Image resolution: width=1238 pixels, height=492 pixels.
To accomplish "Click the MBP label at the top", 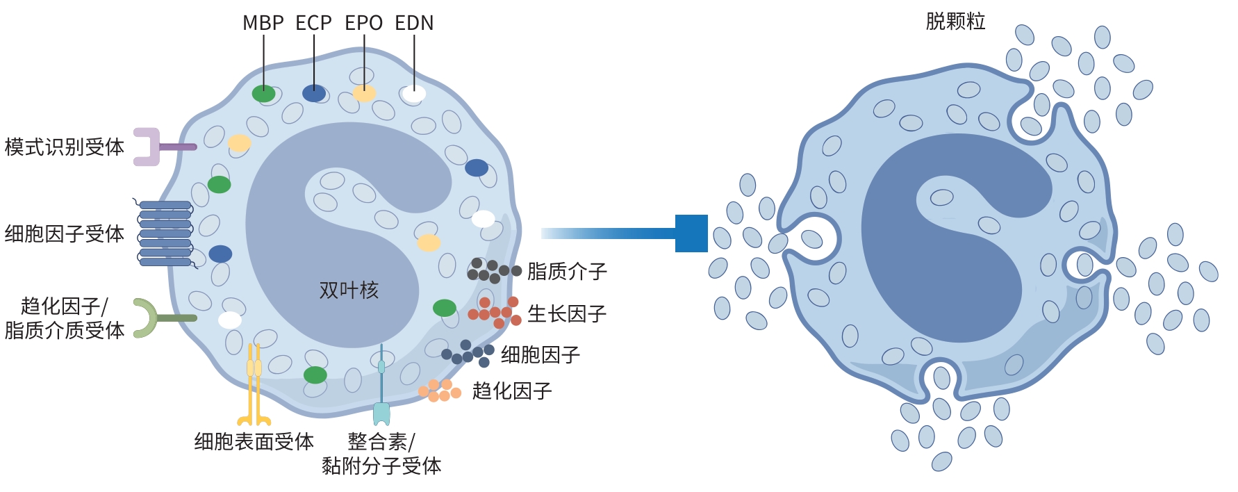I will pyautogui.click(x=263, y=23).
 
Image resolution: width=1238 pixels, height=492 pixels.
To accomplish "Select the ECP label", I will pyautogui.click(x=313, y=23).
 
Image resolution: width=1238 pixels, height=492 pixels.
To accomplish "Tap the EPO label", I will pyautogui.click(x=363, y=23).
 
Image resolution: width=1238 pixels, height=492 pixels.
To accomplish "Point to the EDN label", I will pyautogui.click(x=414, y=23).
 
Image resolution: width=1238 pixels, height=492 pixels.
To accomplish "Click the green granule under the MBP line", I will pyautogui.click(x=263, y=94).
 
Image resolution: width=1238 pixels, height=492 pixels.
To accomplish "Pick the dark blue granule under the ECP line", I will pyautogui.click(x=314, y=93).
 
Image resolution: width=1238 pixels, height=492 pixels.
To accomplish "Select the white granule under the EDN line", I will pyautogui.click(x=414, y=94).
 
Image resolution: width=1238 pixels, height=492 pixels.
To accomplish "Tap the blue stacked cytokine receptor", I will pyautogui.click(x=165, y=233).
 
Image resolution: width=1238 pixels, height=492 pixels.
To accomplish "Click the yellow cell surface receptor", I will pyautogui.click(x=254, y=386).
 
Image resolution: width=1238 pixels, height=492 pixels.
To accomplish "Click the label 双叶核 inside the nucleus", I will pyautogui.click(x=349, y=290).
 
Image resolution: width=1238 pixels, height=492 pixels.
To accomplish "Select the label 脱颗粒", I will pyautogui.click(x=955, y=22).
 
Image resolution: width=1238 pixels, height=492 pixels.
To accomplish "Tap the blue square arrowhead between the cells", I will pyautogui.click(x=691, y=233).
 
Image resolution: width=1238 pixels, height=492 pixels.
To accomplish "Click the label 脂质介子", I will pyautogui.click(x=567, y=271).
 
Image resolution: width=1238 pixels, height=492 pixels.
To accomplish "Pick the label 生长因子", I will pyautogui.click(x=567, y=314).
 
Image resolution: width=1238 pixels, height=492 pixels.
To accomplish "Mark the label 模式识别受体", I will pyautogui.click(x=64, y=147).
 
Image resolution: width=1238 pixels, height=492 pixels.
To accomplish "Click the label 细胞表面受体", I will pyautogui.click(x=254, y=442).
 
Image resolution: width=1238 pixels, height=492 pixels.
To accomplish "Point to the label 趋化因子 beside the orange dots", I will pyautogui.click(x=512, y=391).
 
